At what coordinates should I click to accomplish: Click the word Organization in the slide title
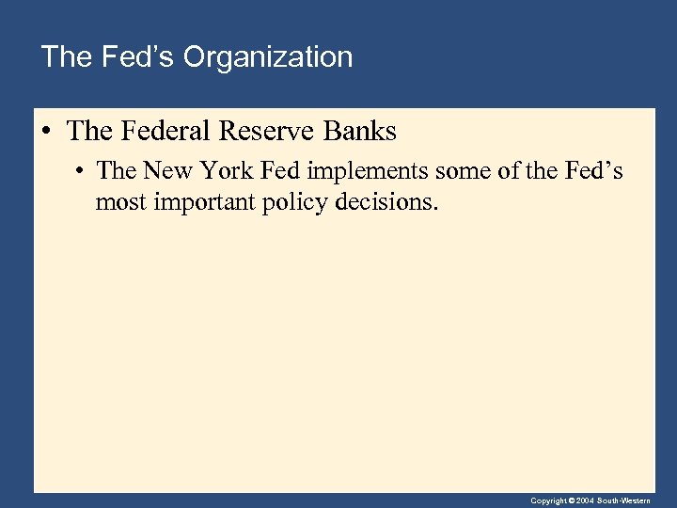pyautogui.click(x=268, y=57)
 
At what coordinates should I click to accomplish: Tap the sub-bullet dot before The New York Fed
pyautogui.click(x=83, y=172)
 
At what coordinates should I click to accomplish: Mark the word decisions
pyautogui.click(x=386, y=200)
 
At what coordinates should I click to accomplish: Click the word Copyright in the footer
pyautogui.click(x=548, y=501)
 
